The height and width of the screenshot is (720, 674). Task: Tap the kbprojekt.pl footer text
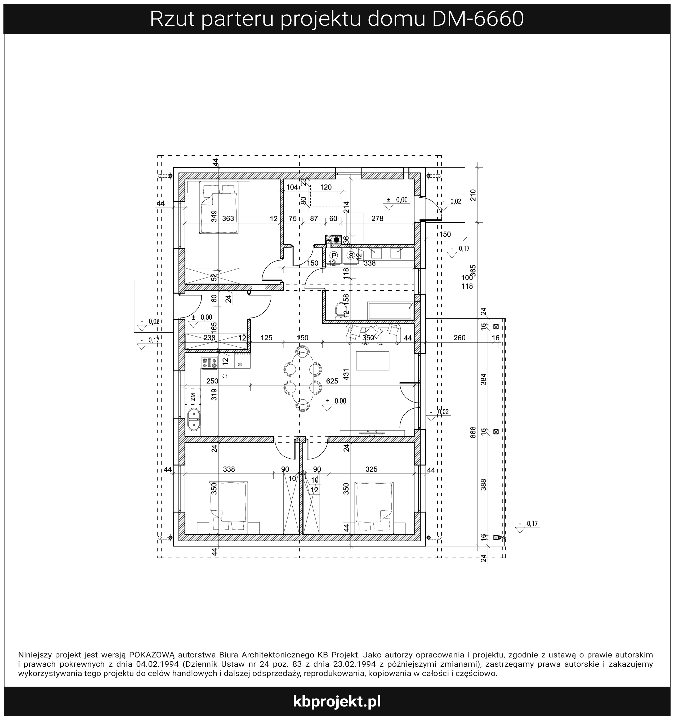pyautogui.click(x=337, y=701)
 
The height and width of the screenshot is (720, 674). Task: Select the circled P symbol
pyautogui.click(x=334, y=255)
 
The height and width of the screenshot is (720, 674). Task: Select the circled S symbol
pyautogui.click(x=351, y=255)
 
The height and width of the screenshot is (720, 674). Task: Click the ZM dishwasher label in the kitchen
pyautogui.click(x=193, y=397)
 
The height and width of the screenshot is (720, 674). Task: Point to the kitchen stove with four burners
pyautogui.click(x=209, y=363)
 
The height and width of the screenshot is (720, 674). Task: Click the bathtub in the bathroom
pyautogui.click(x=390, y=310)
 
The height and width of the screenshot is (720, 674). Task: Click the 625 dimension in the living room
pyautogui.click(x=332, y=381)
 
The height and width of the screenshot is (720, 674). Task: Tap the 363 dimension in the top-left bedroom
pyautogui.click(x=228, y=218)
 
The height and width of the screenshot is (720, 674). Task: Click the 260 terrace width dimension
pyautogui.click(x=459, y=338)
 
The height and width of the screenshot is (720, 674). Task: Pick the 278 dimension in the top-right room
pyautogui.click(x=377, y=218)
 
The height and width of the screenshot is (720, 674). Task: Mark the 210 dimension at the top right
pyautogui.click(x=473, y=195)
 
